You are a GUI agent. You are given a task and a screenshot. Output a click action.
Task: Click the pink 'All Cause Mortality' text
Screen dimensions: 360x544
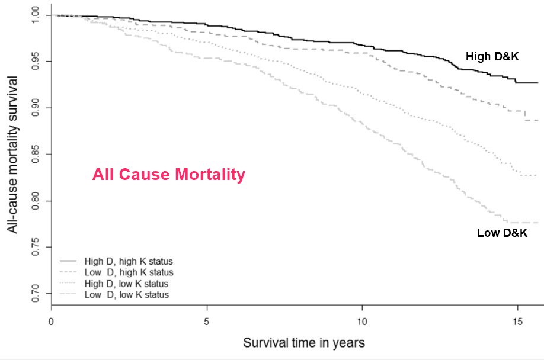(x=168, y=175)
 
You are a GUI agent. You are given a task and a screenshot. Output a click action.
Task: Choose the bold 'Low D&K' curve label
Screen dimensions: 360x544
(x=502, y=233)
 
